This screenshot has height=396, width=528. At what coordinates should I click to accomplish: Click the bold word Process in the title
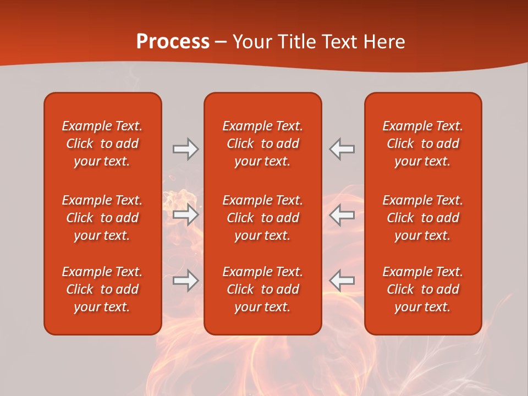point(173,42)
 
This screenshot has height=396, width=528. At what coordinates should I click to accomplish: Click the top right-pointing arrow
point(185,149)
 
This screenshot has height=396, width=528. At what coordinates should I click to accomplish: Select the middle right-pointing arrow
point(185,215)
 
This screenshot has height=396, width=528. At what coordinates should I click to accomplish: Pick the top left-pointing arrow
point(342,149)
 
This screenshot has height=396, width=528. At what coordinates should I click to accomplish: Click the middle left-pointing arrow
point(342,215)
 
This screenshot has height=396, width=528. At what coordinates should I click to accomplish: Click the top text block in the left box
point(102,144)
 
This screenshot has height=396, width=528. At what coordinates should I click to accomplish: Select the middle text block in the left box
point(102,218)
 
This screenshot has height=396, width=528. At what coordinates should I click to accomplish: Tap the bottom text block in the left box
point(102,289)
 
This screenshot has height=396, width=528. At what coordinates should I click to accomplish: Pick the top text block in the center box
point(263,144)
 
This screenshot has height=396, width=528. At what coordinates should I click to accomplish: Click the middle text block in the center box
point(263,218)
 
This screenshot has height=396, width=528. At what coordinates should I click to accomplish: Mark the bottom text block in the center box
point(263,289)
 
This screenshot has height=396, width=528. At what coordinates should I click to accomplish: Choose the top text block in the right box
point(423,144)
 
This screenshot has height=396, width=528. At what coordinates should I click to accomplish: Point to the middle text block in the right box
point(423,218)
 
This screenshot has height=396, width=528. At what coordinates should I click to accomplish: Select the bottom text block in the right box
point(423,289)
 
